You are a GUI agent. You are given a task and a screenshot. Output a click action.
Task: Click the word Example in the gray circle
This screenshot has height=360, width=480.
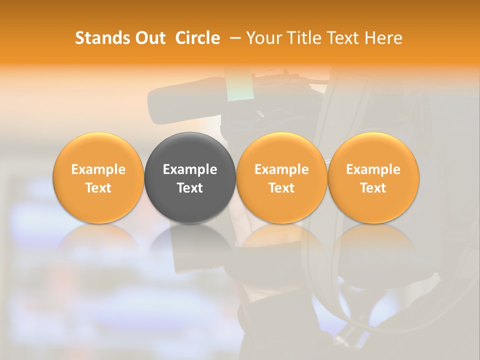click(190, 169)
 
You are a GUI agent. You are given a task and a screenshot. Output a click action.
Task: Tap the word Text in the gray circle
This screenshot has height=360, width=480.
click(190, 188)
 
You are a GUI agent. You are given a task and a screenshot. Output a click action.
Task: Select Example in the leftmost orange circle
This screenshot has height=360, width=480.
click(98, 169)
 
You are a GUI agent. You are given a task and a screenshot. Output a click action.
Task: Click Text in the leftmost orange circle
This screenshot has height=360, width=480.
click(98, 188)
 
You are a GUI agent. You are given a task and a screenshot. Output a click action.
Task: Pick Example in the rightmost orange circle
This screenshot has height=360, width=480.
click(373, 169)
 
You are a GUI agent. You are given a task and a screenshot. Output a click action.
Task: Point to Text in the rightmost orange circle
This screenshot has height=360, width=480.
click(373, 188)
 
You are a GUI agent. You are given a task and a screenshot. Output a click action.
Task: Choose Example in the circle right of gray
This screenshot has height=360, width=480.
click(281, 169)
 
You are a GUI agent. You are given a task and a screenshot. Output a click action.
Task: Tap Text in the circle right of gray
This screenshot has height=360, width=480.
click(281, 188)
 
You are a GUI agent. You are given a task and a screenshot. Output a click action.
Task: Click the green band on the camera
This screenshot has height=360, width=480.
click(235, 92)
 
